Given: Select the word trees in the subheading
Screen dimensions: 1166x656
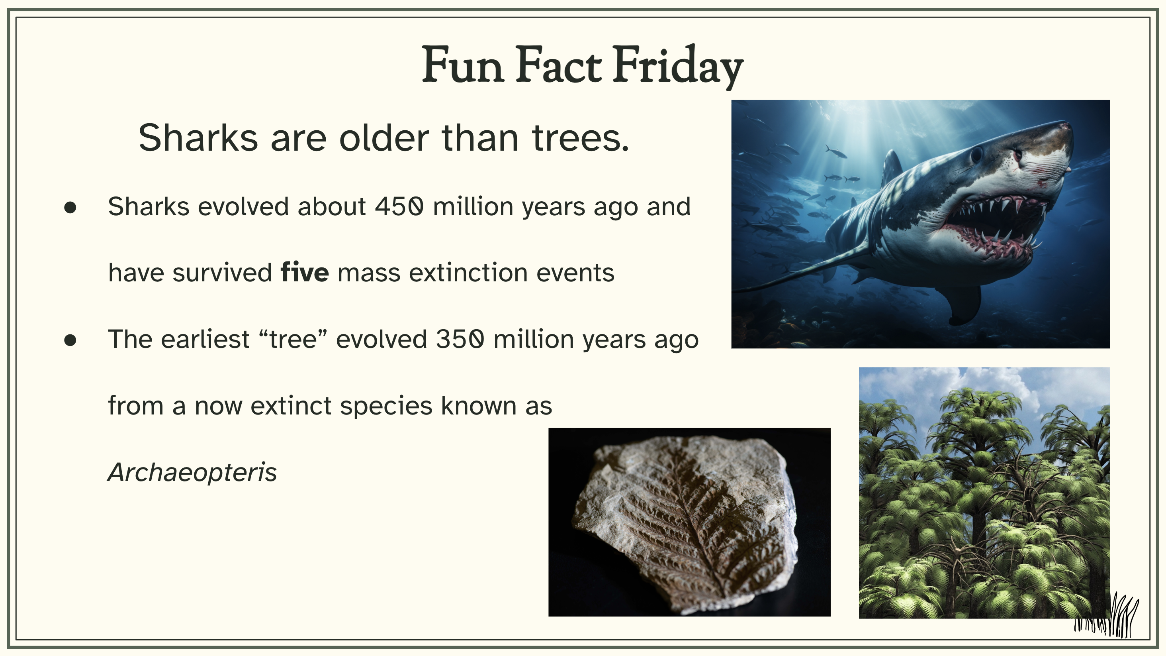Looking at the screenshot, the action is (x=580, y=138).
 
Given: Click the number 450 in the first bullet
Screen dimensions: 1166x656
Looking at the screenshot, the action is (x=399, y=206).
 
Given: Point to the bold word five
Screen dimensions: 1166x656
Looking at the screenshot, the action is (x=305, y=273).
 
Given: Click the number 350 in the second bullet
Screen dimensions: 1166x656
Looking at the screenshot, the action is (x=460, y=339).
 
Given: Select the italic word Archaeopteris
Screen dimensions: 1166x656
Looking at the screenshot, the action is (x=192, y=473).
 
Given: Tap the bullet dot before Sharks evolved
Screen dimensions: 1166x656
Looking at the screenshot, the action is (x=70, y=208).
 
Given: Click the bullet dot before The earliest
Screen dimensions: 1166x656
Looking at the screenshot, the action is (x=70, y=340).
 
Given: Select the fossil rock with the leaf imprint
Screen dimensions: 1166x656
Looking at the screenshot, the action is (x=685, y=524).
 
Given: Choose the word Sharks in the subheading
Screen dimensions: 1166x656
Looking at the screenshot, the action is (x=198, y=138).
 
